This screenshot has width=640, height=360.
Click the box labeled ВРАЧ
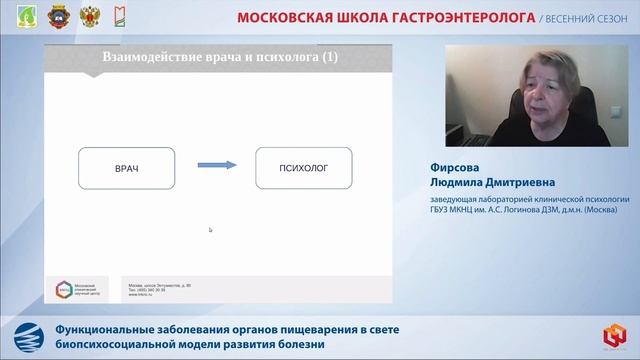126,169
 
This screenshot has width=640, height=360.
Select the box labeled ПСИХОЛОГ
305,169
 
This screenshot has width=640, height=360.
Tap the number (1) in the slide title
326,58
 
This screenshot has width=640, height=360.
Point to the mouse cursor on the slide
210,230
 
